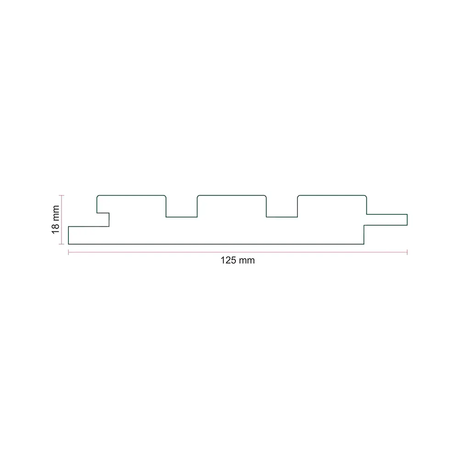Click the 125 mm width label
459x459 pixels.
237,260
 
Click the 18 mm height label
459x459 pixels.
56,219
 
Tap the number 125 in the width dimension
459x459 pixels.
228,260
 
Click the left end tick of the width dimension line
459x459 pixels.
68,252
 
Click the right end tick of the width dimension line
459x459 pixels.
407,252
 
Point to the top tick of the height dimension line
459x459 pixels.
62,195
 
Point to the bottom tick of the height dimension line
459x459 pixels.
62,244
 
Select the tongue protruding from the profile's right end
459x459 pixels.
386,220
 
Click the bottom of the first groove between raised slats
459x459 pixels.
181,217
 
